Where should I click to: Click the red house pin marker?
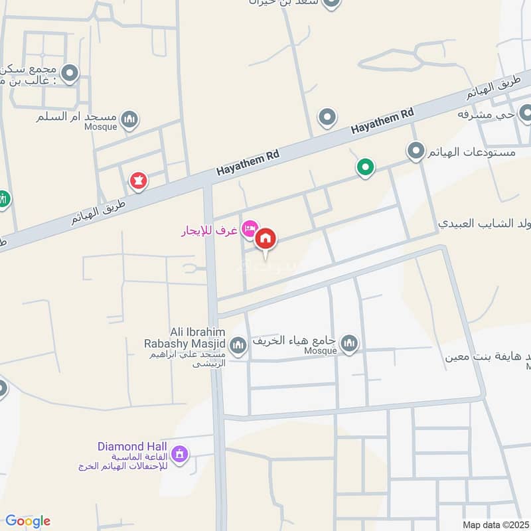pyautogui.click(x=265, y=238)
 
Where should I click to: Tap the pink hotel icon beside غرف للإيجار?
pyautogui.click(x=250, y=229)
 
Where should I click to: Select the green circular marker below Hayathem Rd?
pyautogui.click(x=364, y=167)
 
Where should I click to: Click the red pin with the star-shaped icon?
pyautogui.click(x=138, y=180)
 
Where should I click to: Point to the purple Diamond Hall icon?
pyautogui.click(x=179, y=455)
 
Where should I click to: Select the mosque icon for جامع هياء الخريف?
pyautogui.click(x=349, y=343)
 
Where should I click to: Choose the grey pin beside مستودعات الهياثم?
pyautogui.click(x=416, y=151)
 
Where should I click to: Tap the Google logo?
pyautogui.click(x=27, y=521)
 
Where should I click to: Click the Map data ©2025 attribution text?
pyautogui.click(x=494, y=524)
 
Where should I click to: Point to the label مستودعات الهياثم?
pyautogui.click(x=473, y=153)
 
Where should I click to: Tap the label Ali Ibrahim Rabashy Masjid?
pyautogui.click(x=185, y=338)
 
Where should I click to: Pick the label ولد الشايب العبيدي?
pyautogui.click(x=484, y=222)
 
